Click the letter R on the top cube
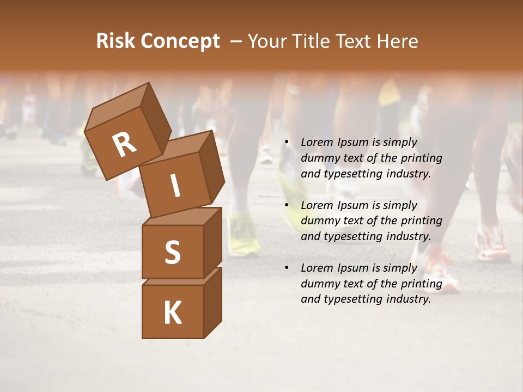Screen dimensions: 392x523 (124, 145)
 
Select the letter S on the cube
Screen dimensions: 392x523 (172, 252)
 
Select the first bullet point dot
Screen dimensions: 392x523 (286, 143)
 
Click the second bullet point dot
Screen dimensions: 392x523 (286, 205)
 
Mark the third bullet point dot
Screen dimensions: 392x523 (286, 268)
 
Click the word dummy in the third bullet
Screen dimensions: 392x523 (319, 284)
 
